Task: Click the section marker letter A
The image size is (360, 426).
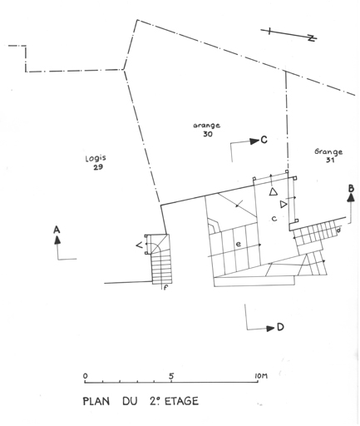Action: pos(57,230)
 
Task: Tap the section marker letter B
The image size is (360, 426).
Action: pos(351,189)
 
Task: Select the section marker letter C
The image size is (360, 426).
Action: pos(264,140)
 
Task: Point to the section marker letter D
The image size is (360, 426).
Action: pos(280,328)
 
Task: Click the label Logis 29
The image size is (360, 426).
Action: pos(96,162)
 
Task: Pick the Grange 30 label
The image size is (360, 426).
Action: pos(207,130)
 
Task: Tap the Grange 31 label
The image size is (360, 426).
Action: pos(328,156)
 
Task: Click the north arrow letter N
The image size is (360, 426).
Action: pos(313,38)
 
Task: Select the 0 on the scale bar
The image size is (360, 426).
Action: pos(85,376)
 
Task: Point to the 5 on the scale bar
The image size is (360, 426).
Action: pos(171,376)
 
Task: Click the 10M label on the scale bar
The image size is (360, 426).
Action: pos(260,376)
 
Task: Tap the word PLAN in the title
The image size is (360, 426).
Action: pos(96,401)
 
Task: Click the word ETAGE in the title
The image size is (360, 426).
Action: pos(182,401)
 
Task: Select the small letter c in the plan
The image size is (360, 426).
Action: pos(274,219)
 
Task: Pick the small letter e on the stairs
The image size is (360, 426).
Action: pos(238,244)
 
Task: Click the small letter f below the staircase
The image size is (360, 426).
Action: pos(165,288)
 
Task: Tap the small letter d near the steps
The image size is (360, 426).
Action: pos(338,230)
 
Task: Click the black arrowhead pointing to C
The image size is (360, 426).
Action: pos(254,141)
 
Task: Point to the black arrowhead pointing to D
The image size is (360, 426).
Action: pos(270,329)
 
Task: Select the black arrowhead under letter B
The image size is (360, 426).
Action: pos(351,197)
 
